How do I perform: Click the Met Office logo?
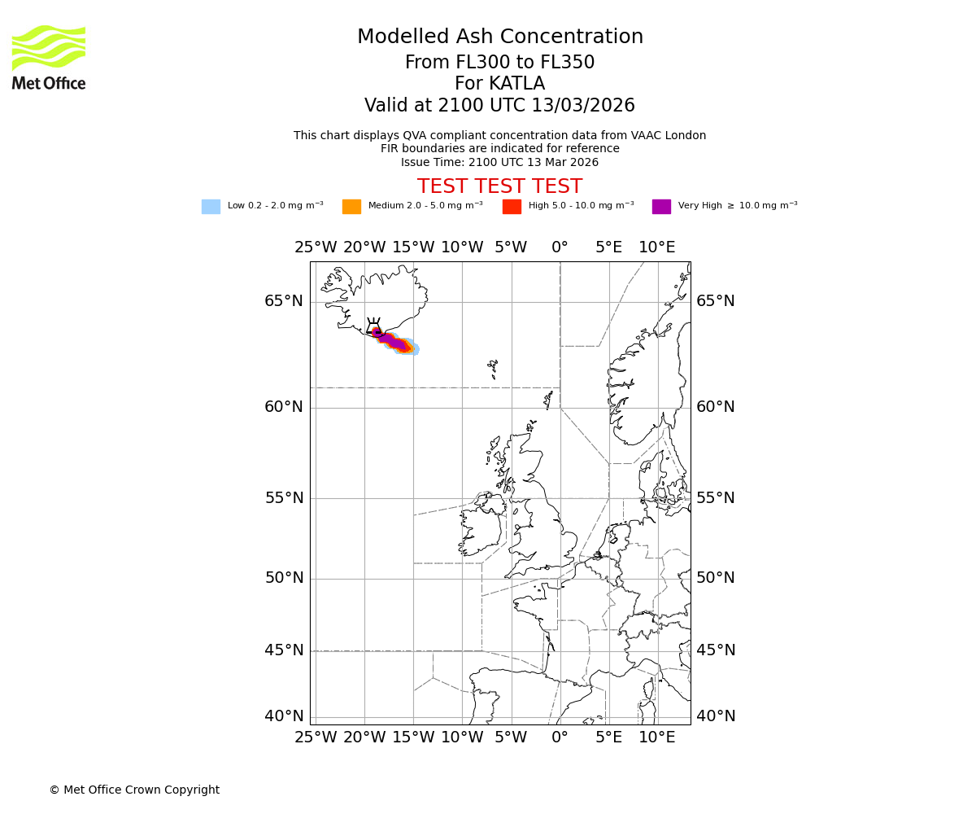49,57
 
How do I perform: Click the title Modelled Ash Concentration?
499,37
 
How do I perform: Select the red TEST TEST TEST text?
499,186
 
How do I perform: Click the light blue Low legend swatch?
211,207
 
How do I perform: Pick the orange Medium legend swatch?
351,207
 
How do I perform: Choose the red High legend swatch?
512,207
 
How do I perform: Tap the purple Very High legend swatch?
661,207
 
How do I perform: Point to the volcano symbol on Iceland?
374,328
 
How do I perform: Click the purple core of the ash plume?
393,342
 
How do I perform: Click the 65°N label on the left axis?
284,301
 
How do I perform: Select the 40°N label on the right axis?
715,716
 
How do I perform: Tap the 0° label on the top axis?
560,247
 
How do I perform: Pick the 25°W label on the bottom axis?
316,737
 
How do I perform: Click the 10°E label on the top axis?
656,247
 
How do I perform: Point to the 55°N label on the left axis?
284,498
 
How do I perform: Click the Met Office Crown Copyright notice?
134,790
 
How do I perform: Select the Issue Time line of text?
499,162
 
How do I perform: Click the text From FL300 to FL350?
499,63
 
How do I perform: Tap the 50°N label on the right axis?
715,578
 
